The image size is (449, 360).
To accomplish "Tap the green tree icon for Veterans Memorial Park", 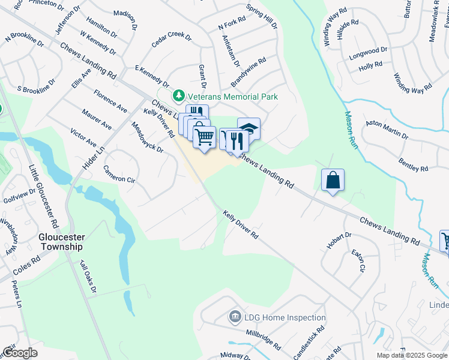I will click(178, 96).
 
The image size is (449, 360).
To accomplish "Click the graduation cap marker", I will click(249, 127).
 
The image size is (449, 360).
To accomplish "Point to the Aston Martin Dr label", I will click(387, 130).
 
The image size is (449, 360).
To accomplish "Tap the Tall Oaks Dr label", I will click(88, 277).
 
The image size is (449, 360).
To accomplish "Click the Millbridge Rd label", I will click(262, 338).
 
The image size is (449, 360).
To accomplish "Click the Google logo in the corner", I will click(20, 353).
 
